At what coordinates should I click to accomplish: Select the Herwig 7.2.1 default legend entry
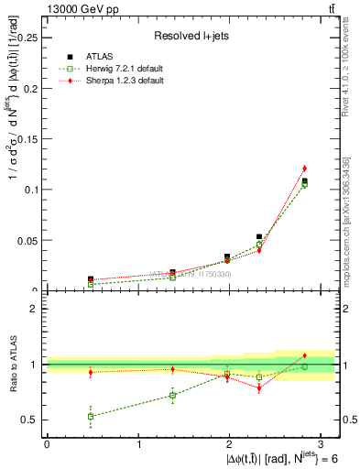click(114, 69)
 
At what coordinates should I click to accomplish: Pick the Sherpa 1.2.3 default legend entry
click(113, 81)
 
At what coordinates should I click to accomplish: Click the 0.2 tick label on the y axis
click(32, 88)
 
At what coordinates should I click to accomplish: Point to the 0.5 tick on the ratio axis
click(32, 420)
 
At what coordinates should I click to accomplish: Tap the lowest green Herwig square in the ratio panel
click(91, 416)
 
